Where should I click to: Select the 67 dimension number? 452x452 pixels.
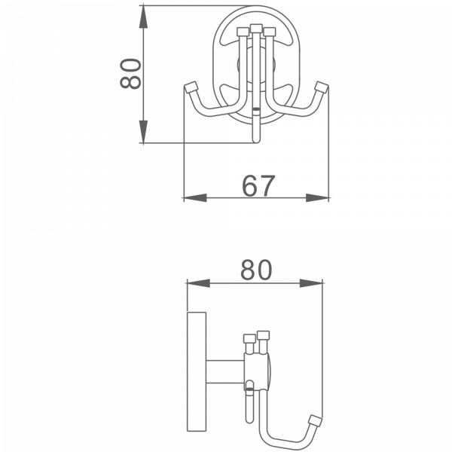point(258,185)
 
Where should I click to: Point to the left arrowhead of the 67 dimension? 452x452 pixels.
point(194,199)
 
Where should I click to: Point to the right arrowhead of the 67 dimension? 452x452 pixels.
point(319,199)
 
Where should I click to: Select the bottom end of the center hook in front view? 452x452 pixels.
point(257,139)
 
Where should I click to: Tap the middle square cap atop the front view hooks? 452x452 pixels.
point(257,30)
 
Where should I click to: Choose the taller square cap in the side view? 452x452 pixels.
point(263,334)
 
